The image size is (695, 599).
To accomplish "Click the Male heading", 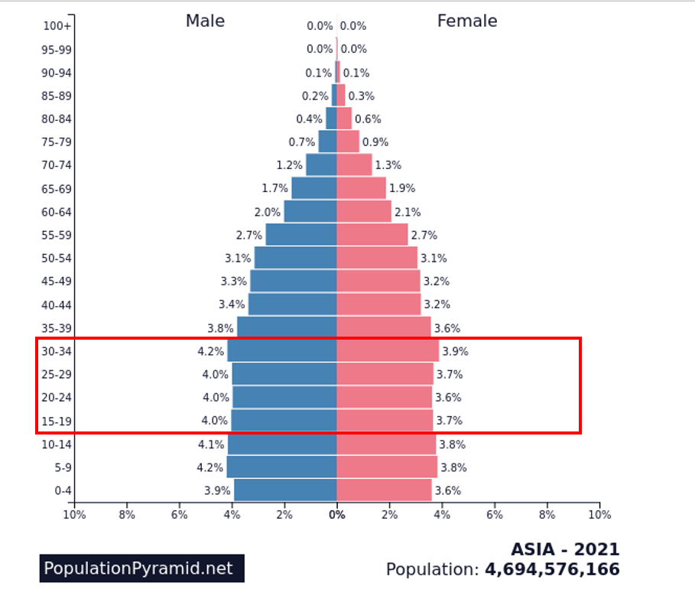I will [x=205, y=21].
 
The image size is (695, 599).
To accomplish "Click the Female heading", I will [x=466, y=21].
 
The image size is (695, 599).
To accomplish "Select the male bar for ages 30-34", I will [x=282, y=351].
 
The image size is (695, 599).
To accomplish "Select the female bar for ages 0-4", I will [x=384, y=490].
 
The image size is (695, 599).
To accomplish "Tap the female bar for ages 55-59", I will [x=372, y=235].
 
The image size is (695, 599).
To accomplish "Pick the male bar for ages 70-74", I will [x=321, y=164].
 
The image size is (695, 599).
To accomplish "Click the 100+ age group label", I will [x=57, y=26].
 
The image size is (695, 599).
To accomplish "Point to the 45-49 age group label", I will [x=56, y=282].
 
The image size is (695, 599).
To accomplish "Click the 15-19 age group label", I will [x=56, y=421].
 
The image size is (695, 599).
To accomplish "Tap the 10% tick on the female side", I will [x=599, y=515].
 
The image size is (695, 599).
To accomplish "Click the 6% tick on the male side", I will [x=179, y=515].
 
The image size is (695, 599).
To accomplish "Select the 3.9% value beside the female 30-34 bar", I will [x=455, y=352].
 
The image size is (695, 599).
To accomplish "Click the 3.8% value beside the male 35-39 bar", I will [x=220, y=328].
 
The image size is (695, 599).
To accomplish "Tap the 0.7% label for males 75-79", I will [x=301, y=142].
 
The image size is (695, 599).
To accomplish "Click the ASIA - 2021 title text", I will [x=565, y=550].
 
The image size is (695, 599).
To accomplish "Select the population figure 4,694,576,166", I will [x=552, y=570].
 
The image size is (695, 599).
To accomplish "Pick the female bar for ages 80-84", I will [x=344, y=119].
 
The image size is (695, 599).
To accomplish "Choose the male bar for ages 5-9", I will [x=281, y=467].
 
